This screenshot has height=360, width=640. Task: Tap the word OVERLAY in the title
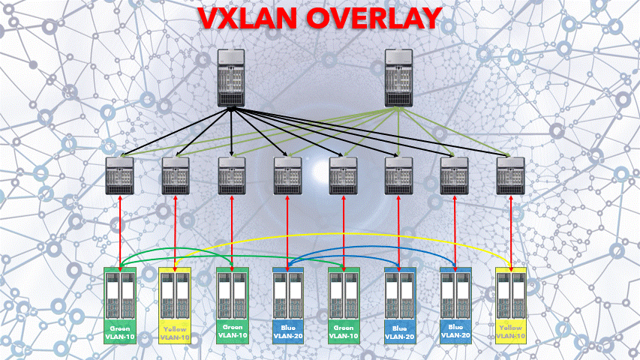point(380,19)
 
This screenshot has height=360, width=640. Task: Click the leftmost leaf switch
point(120,175)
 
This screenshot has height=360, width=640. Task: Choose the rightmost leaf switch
point(510,175)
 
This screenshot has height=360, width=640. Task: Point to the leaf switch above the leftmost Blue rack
point(287,175)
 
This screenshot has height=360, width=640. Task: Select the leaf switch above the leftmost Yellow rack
point(176,175)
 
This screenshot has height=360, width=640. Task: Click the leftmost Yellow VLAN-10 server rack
point(176,304)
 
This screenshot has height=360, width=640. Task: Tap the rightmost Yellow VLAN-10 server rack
point(510,304)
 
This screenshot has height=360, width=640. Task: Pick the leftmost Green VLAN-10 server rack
point(120,304)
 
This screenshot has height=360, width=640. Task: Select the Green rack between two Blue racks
point(343,304)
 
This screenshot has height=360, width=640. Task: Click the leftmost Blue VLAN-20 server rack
point(287,304)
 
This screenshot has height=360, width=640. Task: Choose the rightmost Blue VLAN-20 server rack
point(455,304)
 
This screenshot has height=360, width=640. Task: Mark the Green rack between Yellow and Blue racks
point(232,304)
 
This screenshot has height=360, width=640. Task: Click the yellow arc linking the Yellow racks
point(338,242)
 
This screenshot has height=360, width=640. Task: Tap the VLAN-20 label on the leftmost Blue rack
point(287,336)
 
